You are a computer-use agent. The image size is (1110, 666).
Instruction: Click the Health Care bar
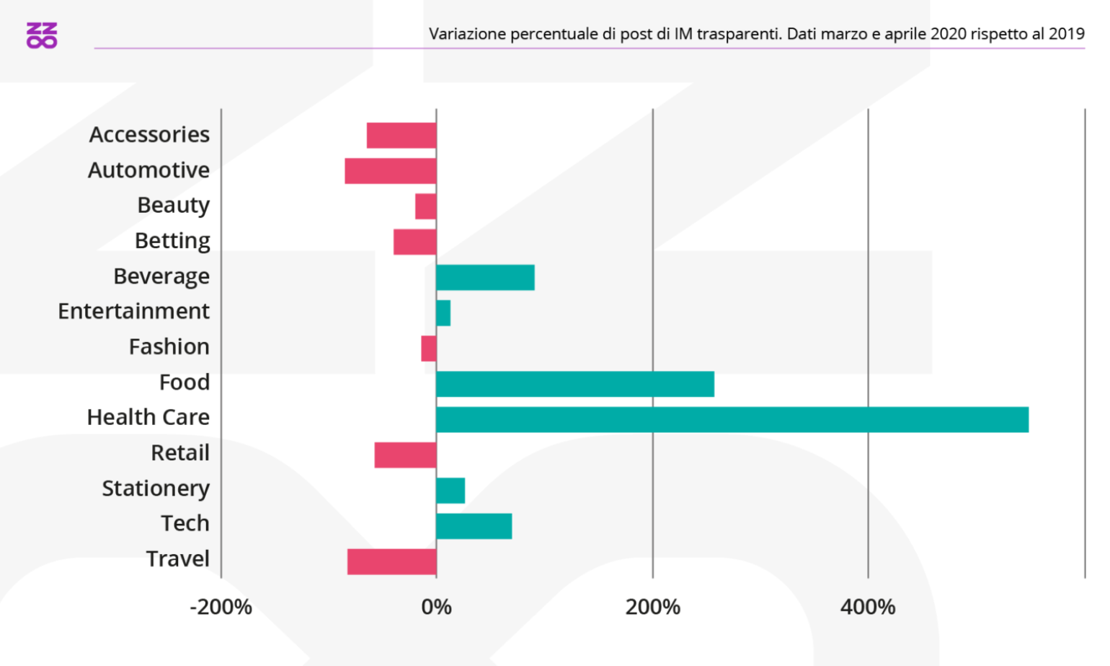tap(732, 419)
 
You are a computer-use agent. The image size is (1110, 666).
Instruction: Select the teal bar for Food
tap(575, 384)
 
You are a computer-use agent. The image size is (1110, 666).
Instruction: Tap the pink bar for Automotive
tap(391, 171)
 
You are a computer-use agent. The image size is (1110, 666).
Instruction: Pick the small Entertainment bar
tap(443, 313)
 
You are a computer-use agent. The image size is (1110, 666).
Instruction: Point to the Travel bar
tap(392, 561)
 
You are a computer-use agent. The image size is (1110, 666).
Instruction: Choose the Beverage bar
tap(485, 277)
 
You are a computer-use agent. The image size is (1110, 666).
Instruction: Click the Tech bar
tap(474, 526)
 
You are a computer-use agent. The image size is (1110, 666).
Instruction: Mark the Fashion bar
tap(429, 349)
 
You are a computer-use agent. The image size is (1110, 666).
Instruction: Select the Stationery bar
tap(450, 491)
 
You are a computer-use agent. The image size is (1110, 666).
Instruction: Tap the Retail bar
tap(406, 455)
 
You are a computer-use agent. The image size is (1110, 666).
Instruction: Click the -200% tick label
tap(221, 607)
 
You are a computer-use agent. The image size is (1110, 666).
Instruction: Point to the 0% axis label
tap(436, 607)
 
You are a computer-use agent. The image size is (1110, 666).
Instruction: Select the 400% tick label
tap(868, 607)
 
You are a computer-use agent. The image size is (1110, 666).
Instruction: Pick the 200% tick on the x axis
tap(652, 607)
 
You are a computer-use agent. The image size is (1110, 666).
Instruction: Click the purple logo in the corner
tap(42, 35)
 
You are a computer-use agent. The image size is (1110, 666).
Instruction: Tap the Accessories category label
tap(149, 134)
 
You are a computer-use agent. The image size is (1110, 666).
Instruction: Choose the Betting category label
tap(172, 240)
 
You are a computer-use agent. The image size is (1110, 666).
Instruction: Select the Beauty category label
tap(173, 205)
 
